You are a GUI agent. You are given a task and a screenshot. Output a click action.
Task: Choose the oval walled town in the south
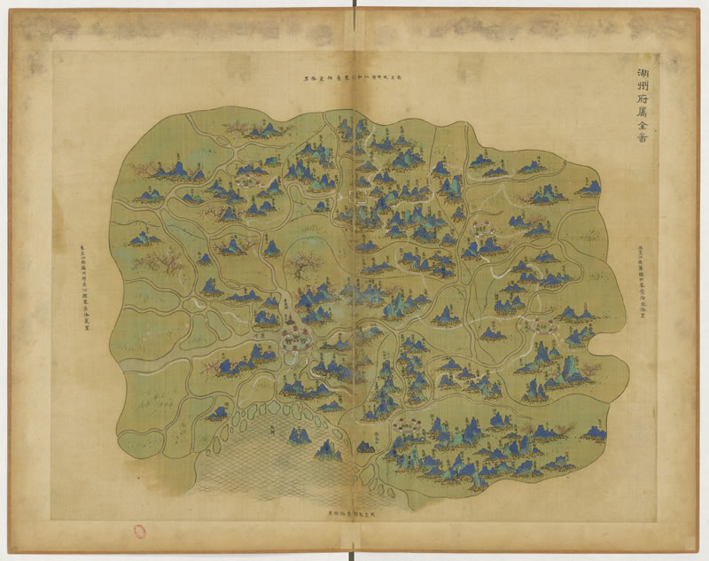409,426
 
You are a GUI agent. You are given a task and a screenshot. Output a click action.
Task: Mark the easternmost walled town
540,325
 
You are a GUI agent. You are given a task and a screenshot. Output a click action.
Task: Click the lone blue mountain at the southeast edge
595,432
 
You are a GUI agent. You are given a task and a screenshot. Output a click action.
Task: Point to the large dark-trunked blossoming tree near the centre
306,264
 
